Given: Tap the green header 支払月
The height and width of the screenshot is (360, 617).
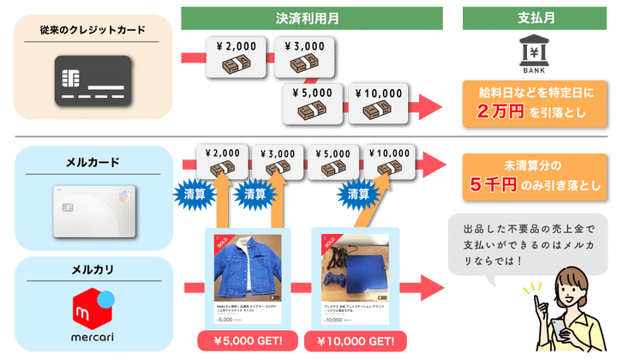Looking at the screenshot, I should pyautogui.click(x=524, y=15).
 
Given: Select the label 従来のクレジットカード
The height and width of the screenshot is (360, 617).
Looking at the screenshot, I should pyautogui.click(x=92, y=30).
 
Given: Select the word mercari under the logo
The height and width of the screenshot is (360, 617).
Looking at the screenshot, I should pyautogui.click(x=92, y=337).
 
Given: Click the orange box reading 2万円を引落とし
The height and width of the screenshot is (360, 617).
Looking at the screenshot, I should pyautogui.click(x=525, y=101).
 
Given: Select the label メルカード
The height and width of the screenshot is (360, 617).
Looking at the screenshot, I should pyautogui.click(x=92, y=162).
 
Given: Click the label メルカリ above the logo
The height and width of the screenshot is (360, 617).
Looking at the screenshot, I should pyautogui.click(x=92, y=272).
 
